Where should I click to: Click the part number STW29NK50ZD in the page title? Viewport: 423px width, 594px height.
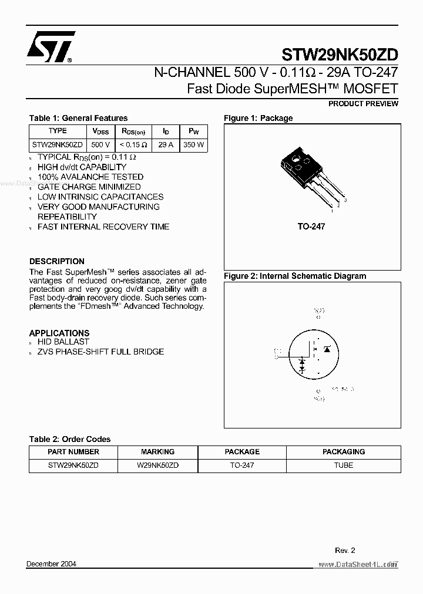[340, 55]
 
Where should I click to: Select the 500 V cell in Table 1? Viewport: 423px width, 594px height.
[100, 144]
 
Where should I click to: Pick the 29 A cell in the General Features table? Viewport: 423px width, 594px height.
[166, 144]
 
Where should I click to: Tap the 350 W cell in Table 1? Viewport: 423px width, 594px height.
[193, 144]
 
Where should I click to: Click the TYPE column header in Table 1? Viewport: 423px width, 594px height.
[58, 131]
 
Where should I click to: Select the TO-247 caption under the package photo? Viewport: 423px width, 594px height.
[311, 227]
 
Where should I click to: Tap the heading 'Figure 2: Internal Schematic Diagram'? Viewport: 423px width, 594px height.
[295, 276]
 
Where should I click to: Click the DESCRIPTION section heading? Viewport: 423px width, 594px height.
[57, 261]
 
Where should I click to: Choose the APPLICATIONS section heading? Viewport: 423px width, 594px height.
[59, 333]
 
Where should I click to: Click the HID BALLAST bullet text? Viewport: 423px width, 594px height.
[63, 342]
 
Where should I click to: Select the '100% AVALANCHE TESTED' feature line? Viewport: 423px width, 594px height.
[90, 177]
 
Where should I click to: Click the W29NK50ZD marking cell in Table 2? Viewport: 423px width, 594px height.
[157, 465]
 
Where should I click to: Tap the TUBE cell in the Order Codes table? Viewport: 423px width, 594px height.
[344, 465]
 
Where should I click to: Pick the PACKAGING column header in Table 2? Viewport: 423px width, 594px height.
[344, 452]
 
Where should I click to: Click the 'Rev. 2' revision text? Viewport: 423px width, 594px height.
[345, 551]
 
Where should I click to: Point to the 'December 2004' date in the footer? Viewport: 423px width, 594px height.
[52, 564]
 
